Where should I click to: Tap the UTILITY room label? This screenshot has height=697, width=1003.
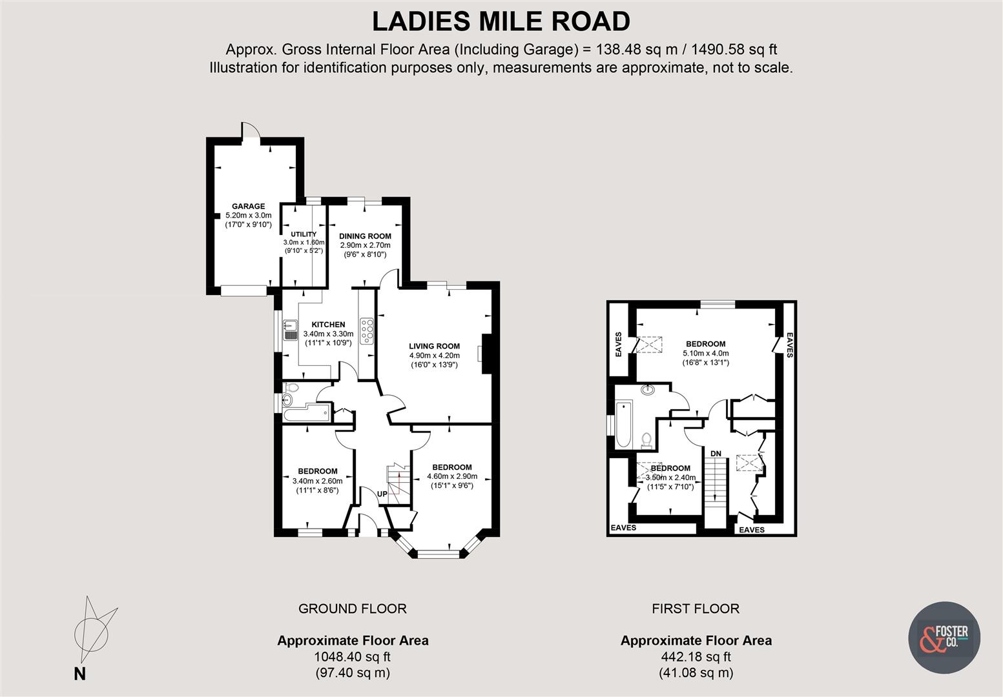[x=303, y=234]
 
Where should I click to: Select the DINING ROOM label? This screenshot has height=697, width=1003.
[x=365, y=236]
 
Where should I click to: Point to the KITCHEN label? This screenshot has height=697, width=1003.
[x=328, y=325]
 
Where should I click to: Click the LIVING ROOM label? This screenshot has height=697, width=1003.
[x=434, y=347]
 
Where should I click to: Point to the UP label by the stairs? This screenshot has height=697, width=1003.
[x=382, y=494]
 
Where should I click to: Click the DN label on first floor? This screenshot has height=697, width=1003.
[x=716, y=454]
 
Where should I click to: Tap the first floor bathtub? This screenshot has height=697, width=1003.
[x=622, y=424]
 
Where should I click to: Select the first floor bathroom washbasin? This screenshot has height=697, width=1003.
[x=648, y=390]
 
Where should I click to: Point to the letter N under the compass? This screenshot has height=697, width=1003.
[x=79, y=674]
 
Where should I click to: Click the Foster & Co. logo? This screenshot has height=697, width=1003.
[x=944, y=638]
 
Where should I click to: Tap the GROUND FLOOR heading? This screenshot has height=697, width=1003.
[x=352, y=609]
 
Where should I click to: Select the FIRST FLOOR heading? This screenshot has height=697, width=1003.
[x=696, y=609]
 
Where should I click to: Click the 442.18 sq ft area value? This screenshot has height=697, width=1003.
[x=696, y=657]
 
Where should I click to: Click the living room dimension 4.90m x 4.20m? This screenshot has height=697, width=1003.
[x=434, y=356]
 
